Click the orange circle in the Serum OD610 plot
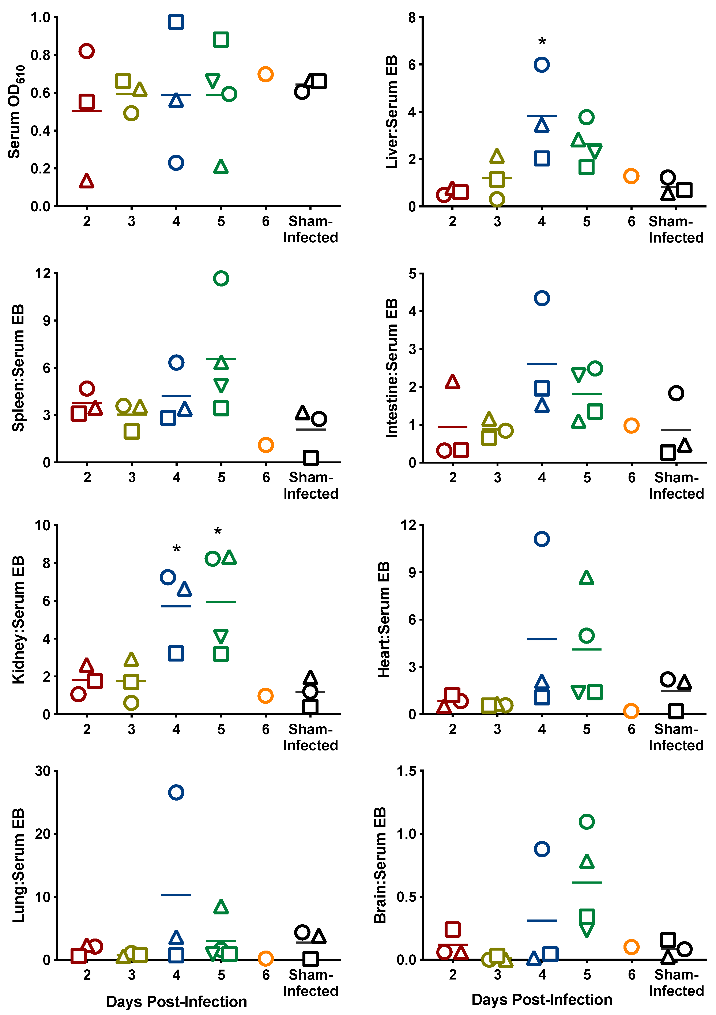tap(265, 74)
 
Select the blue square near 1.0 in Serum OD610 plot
tap(176, 22)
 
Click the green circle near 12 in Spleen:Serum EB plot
tap(221, 278)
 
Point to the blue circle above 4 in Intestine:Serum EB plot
tap(542, 298)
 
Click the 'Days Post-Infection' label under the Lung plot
tap(176, 1002)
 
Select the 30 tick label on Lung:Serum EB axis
tap(43, 771)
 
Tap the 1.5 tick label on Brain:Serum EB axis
tap(407, 771)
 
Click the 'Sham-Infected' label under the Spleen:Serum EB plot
tap(311, 485)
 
